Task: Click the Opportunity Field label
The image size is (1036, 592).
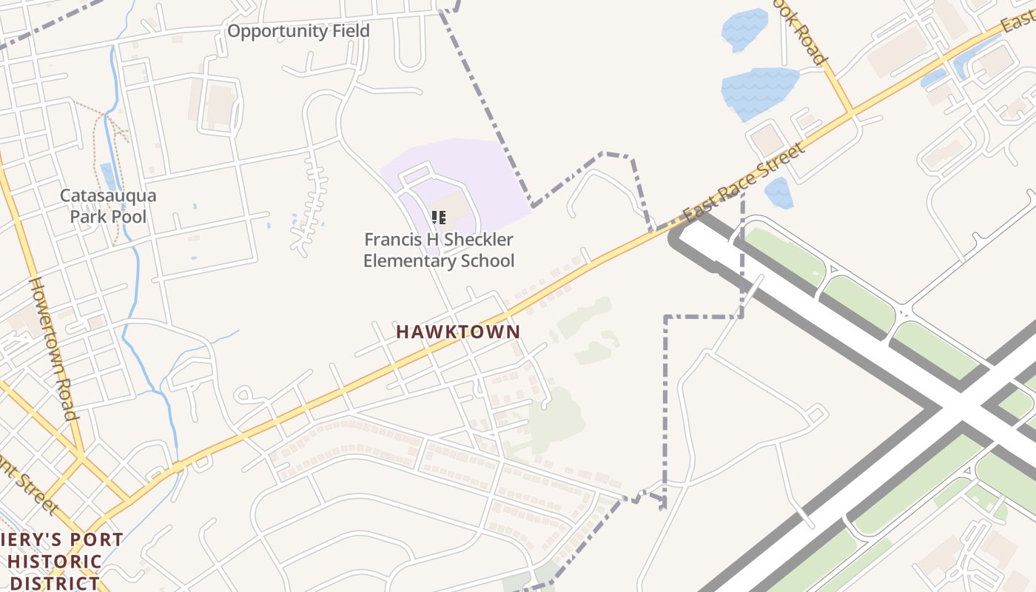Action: click(297, 31)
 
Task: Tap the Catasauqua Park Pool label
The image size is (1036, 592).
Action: click(108, 206)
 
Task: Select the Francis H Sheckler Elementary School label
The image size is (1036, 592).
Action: click(439, 250)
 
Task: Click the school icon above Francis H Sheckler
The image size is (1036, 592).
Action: click(439, 217)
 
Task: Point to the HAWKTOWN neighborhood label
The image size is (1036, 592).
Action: click(458, 332)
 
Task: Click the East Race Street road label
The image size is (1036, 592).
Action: click(743, 183)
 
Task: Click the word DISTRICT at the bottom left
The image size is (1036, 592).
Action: click(55, 582)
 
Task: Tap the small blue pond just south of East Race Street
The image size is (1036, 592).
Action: click(778, 192)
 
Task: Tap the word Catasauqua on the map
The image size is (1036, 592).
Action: click(108, 196)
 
